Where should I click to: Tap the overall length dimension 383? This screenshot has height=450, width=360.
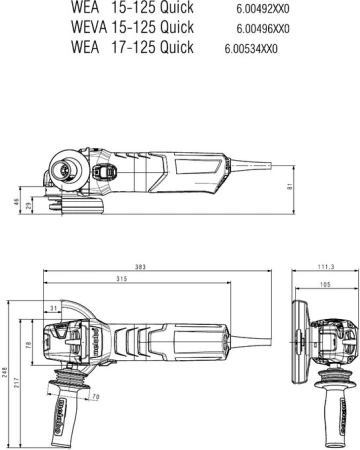tap(141, 267)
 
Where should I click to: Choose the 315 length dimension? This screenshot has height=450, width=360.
tap(121, 279)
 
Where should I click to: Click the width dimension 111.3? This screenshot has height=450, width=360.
tap(325, 267)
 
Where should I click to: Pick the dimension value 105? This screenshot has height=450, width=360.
tap(327, 285)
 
